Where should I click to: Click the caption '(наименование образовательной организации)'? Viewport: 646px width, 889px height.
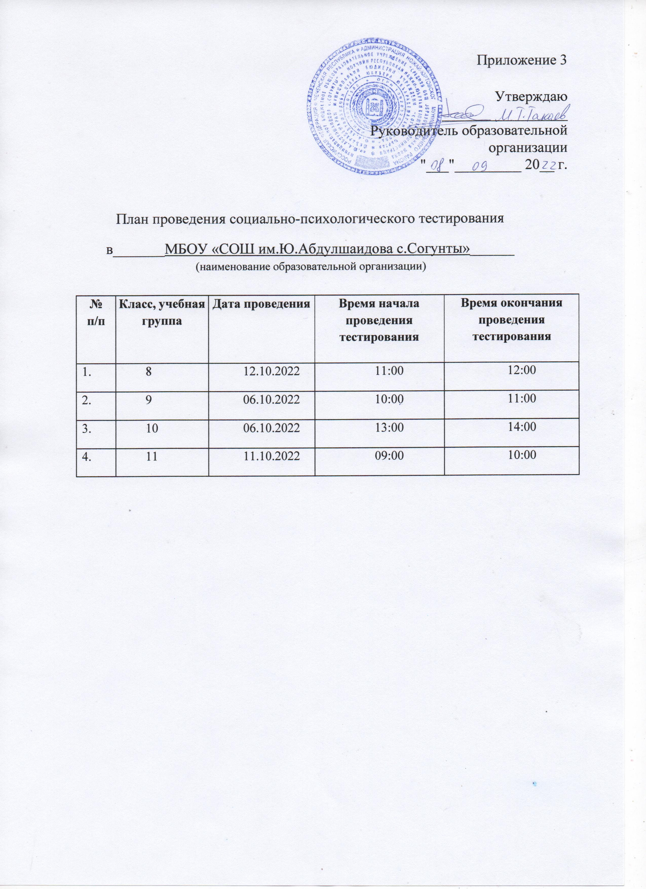point(310,267)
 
